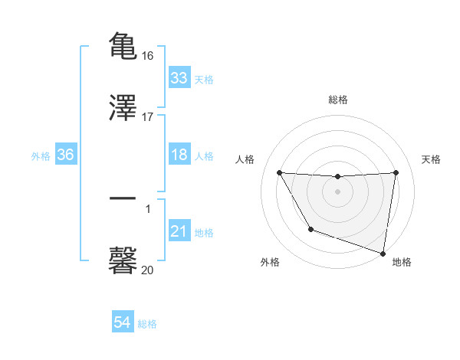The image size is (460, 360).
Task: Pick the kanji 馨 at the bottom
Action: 123,260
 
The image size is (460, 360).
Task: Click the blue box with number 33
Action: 179,78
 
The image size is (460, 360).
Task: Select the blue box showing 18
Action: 179,155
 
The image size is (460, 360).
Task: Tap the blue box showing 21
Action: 179,231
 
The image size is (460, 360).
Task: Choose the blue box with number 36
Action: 66,155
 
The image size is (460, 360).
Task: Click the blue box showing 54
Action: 123,323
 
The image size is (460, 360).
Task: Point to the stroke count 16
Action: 149,56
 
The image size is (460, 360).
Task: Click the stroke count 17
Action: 149,117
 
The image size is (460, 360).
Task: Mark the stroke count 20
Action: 148,270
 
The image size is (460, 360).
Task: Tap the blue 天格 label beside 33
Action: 204,80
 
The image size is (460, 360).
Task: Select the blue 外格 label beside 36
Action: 41,156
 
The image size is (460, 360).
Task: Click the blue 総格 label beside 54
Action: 147,325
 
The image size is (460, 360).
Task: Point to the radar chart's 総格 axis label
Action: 338,100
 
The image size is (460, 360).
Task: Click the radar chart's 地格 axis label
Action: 402,263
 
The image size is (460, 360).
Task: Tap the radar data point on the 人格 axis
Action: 280,172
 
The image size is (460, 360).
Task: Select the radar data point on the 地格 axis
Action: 383,253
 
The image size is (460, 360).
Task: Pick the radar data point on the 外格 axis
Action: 310,229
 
